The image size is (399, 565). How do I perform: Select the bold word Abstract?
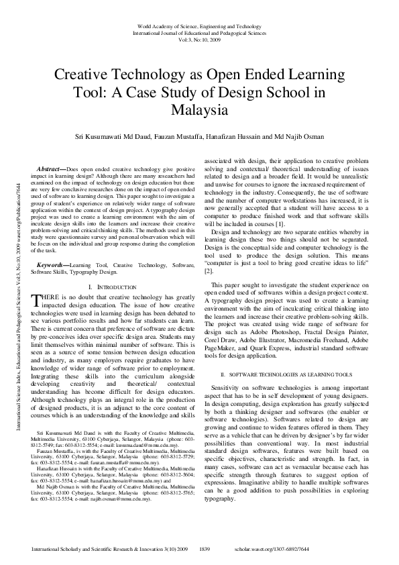(50, 170)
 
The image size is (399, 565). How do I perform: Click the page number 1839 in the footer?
(206, 550)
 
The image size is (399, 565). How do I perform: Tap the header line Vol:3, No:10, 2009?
(198, 40)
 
